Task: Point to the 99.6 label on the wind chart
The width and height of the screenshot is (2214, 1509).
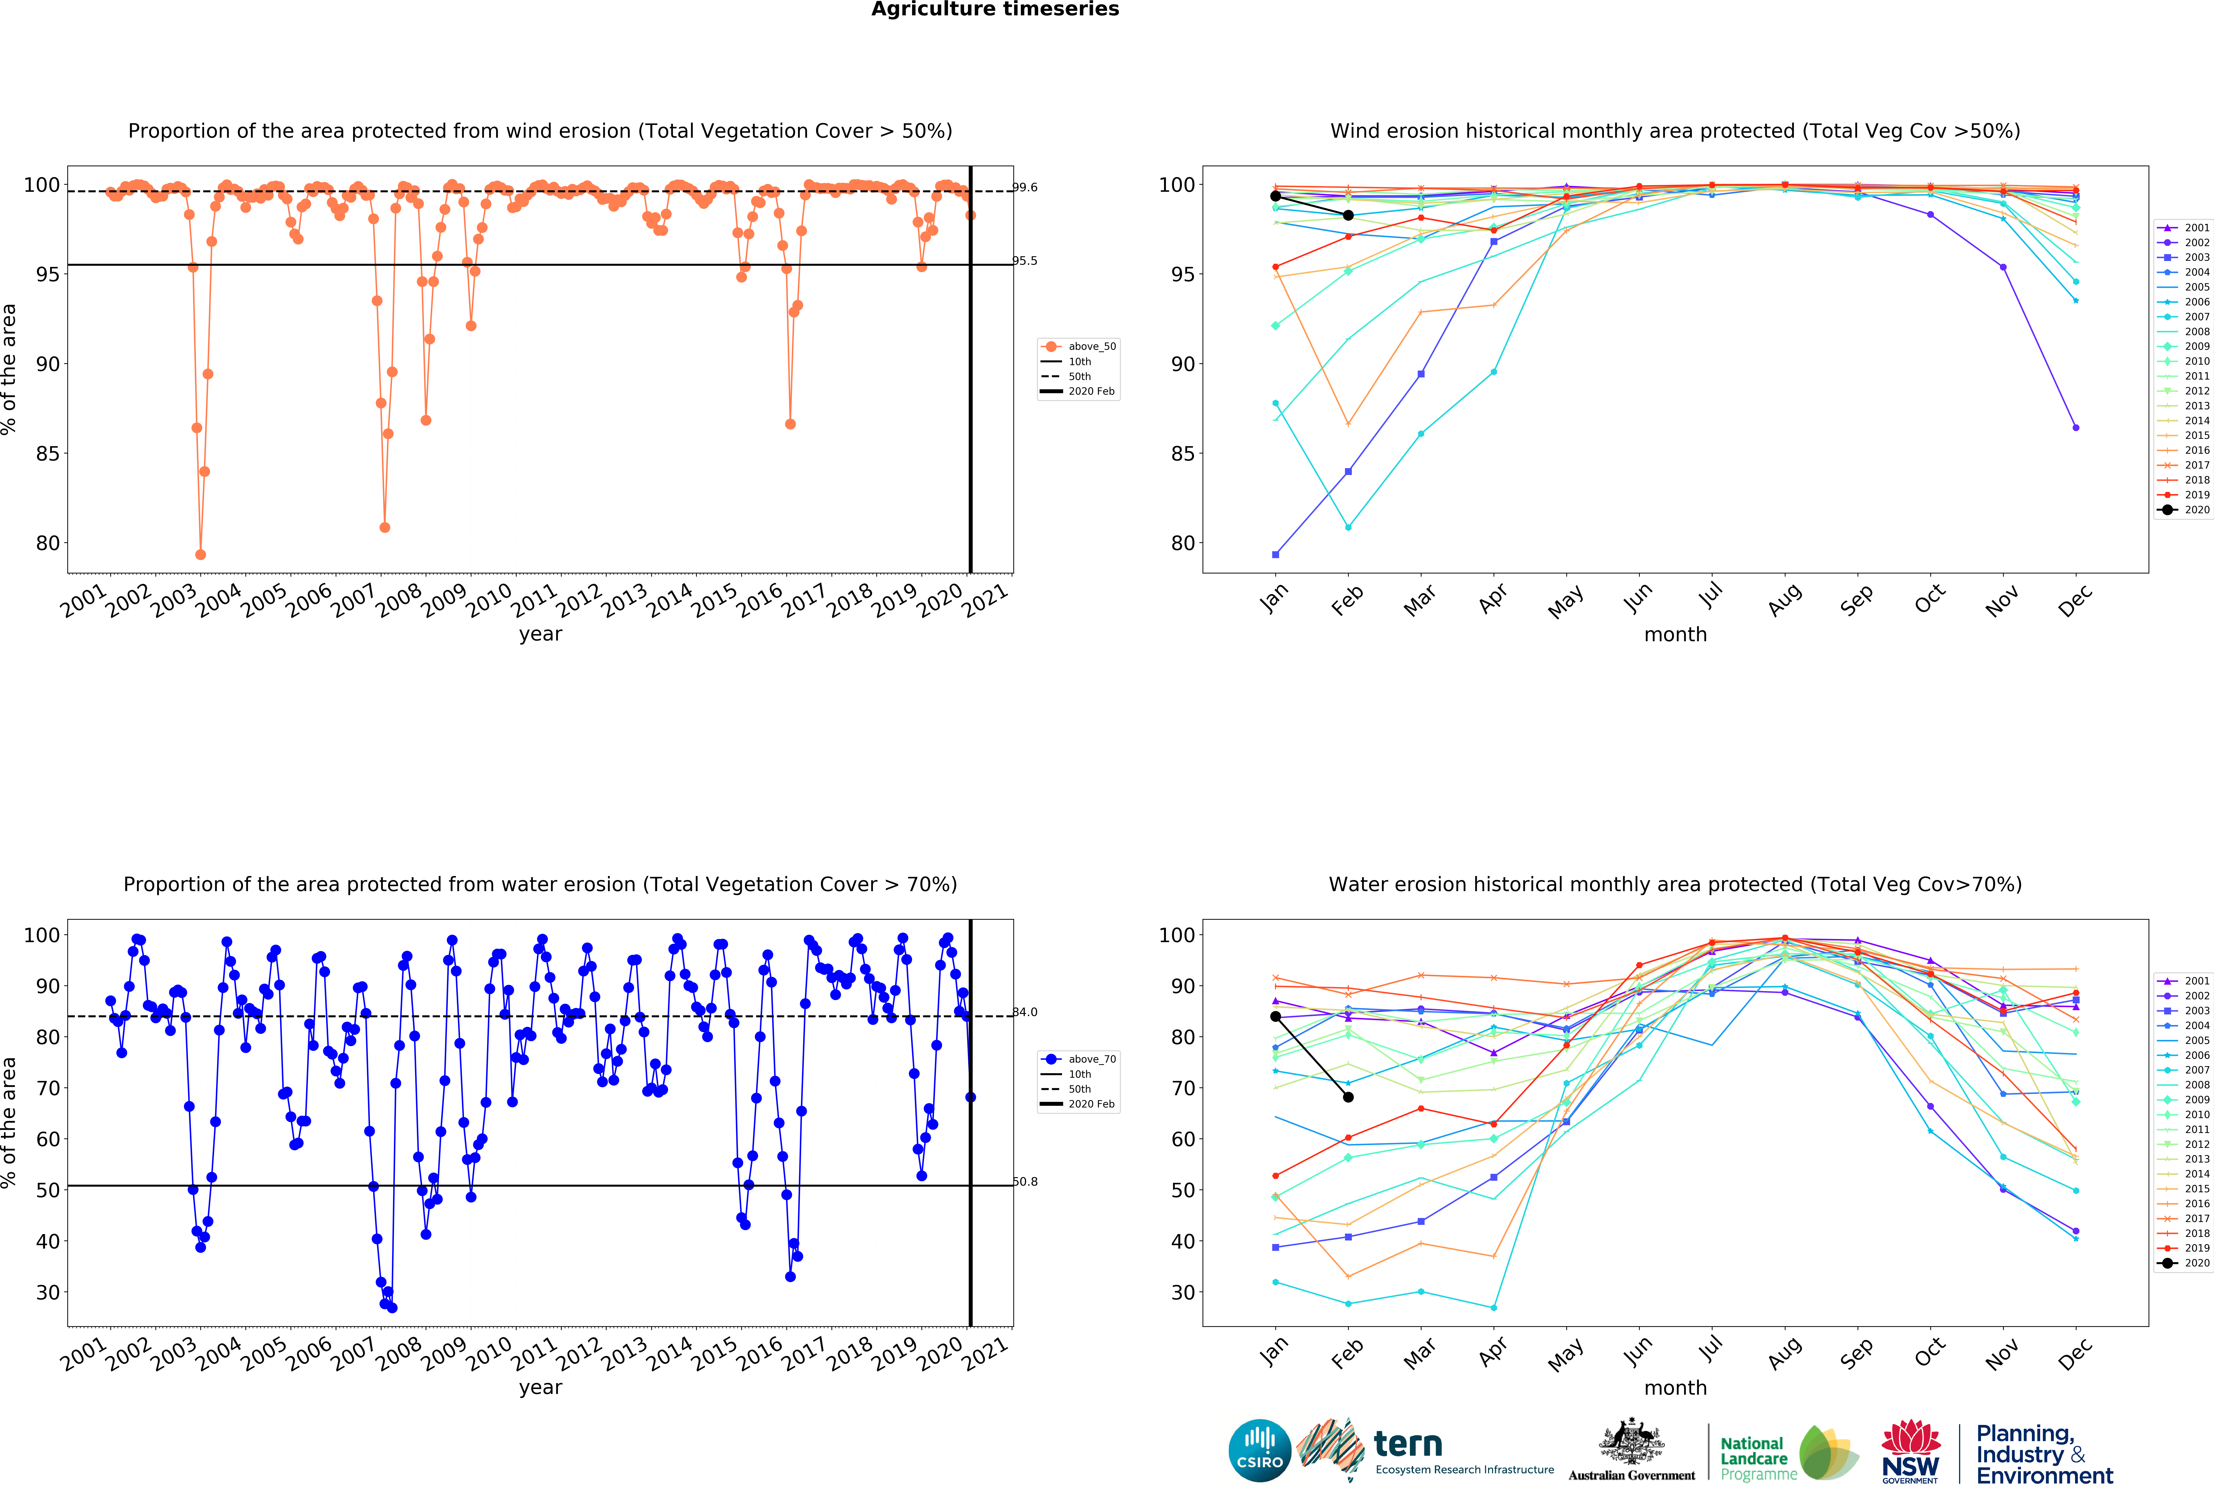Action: pos(1025,188)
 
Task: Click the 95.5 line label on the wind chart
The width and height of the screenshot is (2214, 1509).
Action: pos(1025,261)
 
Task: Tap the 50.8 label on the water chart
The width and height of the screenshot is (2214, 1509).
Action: pos(1025,1181)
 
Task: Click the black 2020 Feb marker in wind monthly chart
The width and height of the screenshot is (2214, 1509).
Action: pos(1348,215)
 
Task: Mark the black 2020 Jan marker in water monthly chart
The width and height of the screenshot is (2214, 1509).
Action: pos(1276,1017)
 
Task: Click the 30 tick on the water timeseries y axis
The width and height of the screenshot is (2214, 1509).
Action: pos(48,1293)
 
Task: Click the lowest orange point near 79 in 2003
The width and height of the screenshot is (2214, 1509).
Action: pos(200,554)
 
